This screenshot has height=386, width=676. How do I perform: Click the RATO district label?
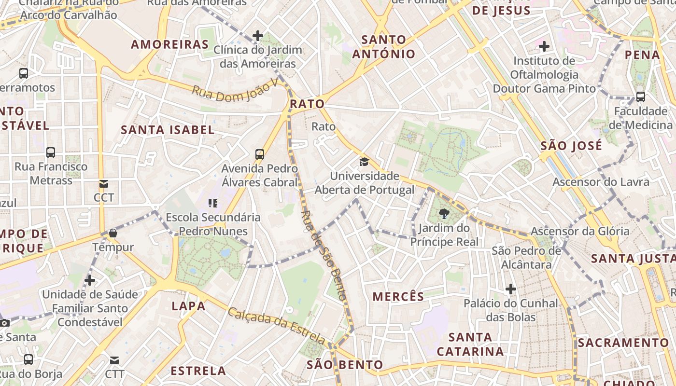(307, 104)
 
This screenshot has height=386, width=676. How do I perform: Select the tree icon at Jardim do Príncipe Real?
(445, 213)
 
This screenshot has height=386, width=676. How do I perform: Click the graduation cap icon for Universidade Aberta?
(364, 162)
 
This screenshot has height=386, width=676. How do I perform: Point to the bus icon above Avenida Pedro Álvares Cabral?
(260, 154)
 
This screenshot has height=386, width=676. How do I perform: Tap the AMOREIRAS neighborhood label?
(170, 44)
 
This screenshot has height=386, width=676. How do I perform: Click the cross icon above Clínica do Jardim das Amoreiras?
(258, 35)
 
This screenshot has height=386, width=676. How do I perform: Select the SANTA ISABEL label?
(168, 129)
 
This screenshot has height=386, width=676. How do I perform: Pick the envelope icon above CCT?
(104, 183)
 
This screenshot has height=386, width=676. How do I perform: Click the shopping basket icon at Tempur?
(113, 234)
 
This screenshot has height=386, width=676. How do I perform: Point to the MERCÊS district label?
(398, 296)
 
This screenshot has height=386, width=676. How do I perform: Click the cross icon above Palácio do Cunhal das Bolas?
(511, 289)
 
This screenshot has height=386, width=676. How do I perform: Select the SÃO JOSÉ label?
(571, 146)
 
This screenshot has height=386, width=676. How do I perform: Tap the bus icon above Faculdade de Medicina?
(641, 97)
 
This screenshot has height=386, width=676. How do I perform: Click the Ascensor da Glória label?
(580, 231)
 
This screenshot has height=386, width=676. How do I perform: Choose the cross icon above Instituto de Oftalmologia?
(544, 46)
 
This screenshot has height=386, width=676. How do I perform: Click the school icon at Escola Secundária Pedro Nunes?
(213, 203)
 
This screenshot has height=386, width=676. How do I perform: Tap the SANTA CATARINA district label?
(470, 344)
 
